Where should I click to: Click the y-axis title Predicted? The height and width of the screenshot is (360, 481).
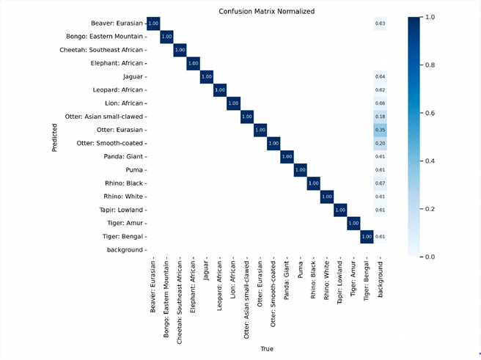(x=55, y=136)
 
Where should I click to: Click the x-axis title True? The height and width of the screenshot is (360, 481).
(x=266, y=349)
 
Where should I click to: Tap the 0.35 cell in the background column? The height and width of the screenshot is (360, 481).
(x=380, y=130)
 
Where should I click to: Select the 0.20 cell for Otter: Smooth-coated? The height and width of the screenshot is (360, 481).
(x=380, y=143)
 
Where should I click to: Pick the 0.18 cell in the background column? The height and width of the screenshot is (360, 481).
(x=380, y=117)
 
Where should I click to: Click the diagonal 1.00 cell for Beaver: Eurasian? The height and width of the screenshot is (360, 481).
(x=153, y=23)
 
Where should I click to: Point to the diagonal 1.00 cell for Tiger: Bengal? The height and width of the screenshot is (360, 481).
(x=367, y=237)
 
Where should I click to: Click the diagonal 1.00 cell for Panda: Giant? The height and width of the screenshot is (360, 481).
(x=287, y=156)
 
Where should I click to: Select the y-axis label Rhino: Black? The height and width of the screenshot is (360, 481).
(x=125, y=183)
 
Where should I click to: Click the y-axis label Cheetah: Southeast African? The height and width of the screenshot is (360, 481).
(x=101, y=50)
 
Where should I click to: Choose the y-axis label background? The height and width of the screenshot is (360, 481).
(x=124, y=250)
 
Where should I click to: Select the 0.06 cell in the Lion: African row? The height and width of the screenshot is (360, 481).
(x=380, y=103)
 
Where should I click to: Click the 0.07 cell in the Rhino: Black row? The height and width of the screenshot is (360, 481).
(x=380, y=183)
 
